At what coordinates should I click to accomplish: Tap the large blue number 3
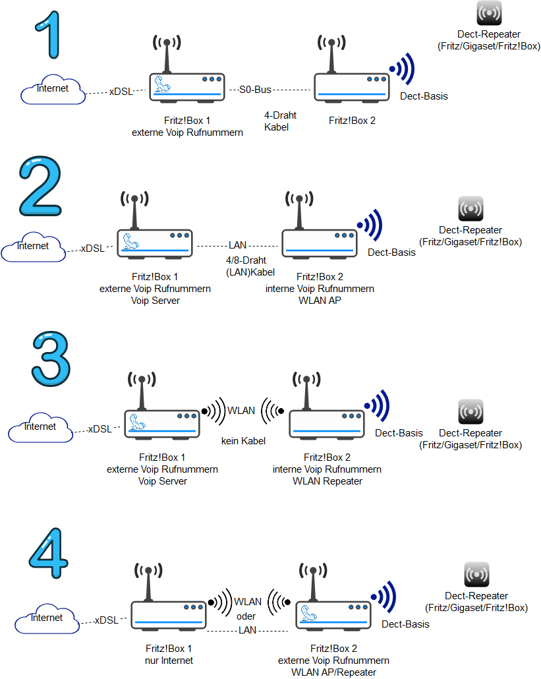(x=51, y=359)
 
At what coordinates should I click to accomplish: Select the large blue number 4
(x=49, y=553)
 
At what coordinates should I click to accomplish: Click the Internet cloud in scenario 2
(x=34, y=248)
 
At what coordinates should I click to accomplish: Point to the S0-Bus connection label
(x=255, y=90)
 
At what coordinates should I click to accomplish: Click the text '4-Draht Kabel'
(x=280, y=121)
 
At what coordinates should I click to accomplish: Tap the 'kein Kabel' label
(x=243, y=441)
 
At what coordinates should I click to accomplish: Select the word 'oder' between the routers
(x=246, y=616)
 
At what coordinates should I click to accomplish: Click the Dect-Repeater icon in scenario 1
(x=489, y=13)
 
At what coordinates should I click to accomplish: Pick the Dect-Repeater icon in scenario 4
(x=476, y=574)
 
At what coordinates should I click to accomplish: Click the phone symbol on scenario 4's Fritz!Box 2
(x=308, y=612)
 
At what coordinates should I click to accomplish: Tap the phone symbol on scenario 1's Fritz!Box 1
(x=162, y=84)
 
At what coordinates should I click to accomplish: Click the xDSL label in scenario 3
(x=100, y=429)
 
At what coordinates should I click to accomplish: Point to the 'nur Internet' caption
(x=169, y=661)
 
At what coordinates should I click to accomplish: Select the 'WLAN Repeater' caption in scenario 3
(x=327, y=481)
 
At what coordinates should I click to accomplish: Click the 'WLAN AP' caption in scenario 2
(x=320, y=301)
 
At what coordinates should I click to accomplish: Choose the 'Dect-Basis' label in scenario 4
(x=405, y=624)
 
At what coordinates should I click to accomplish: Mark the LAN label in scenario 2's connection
(x=237, y=245)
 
